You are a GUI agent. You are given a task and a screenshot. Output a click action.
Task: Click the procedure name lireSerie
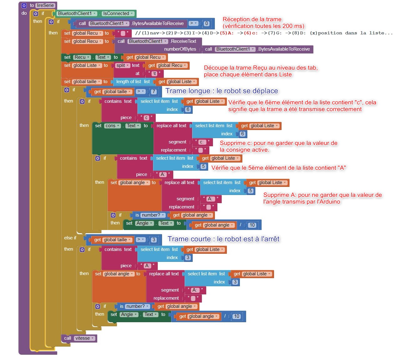click(x=45, y=5)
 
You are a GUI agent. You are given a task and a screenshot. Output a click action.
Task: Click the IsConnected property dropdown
click(x=118, y=13)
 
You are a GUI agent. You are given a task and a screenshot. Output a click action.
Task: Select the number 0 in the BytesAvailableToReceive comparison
click(x=206, y=23)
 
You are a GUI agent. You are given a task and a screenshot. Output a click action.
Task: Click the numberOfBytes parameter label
click(x=180, y=49)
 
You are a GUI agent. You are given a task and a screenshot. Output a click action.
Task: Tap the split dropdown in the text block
click(x=123, y=65)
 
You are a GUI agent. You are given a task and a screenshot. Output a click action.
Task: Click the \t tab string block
click(x=155, y=73)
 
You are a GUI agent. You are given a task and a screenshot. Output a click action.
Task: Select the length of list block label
click(x=129, y=82)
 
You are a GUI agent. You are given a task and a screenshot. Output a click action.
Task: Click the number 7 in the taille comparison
click(x=154, y=92)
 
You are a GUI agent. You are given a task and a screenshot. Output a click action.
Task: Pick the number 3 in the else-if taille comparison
click(x=154, y=240)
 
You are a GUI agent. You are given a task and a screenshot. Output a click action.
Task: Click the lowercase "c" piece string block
click(x=146, y=117)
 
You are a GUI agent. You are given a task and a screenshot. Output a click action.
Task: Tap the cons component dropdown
click(x=112, y=126)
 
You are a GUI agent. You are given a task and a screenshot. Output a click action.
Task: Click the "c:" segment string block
click(x=202, y=142)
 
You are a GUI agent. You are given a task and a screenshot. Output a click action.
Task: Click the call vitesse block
click(x=79, y=338)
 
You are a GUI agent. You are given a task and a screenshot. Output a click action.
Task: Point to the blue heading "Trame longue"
click(x=188, y=91)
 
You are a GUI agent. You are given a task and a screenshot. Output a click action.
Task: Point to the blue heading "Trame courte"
click(x=189, y=239)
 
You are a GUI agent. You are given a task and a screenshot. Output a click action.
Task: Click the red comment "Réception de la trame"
click(x=252, y=19)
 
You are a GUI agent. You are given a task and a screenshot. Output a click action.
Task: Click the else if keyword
click(x=70, y=238)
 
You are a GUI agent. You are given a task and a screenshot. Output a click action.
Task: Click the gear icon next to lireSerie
click(x=24, y=6)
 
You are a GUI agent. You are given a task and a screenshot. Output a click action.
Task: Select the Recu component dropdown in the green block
click(x=82, y=57)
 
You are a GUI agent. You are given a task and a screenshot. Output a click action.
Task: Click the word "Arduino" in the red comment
click(x=330, y=202)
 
